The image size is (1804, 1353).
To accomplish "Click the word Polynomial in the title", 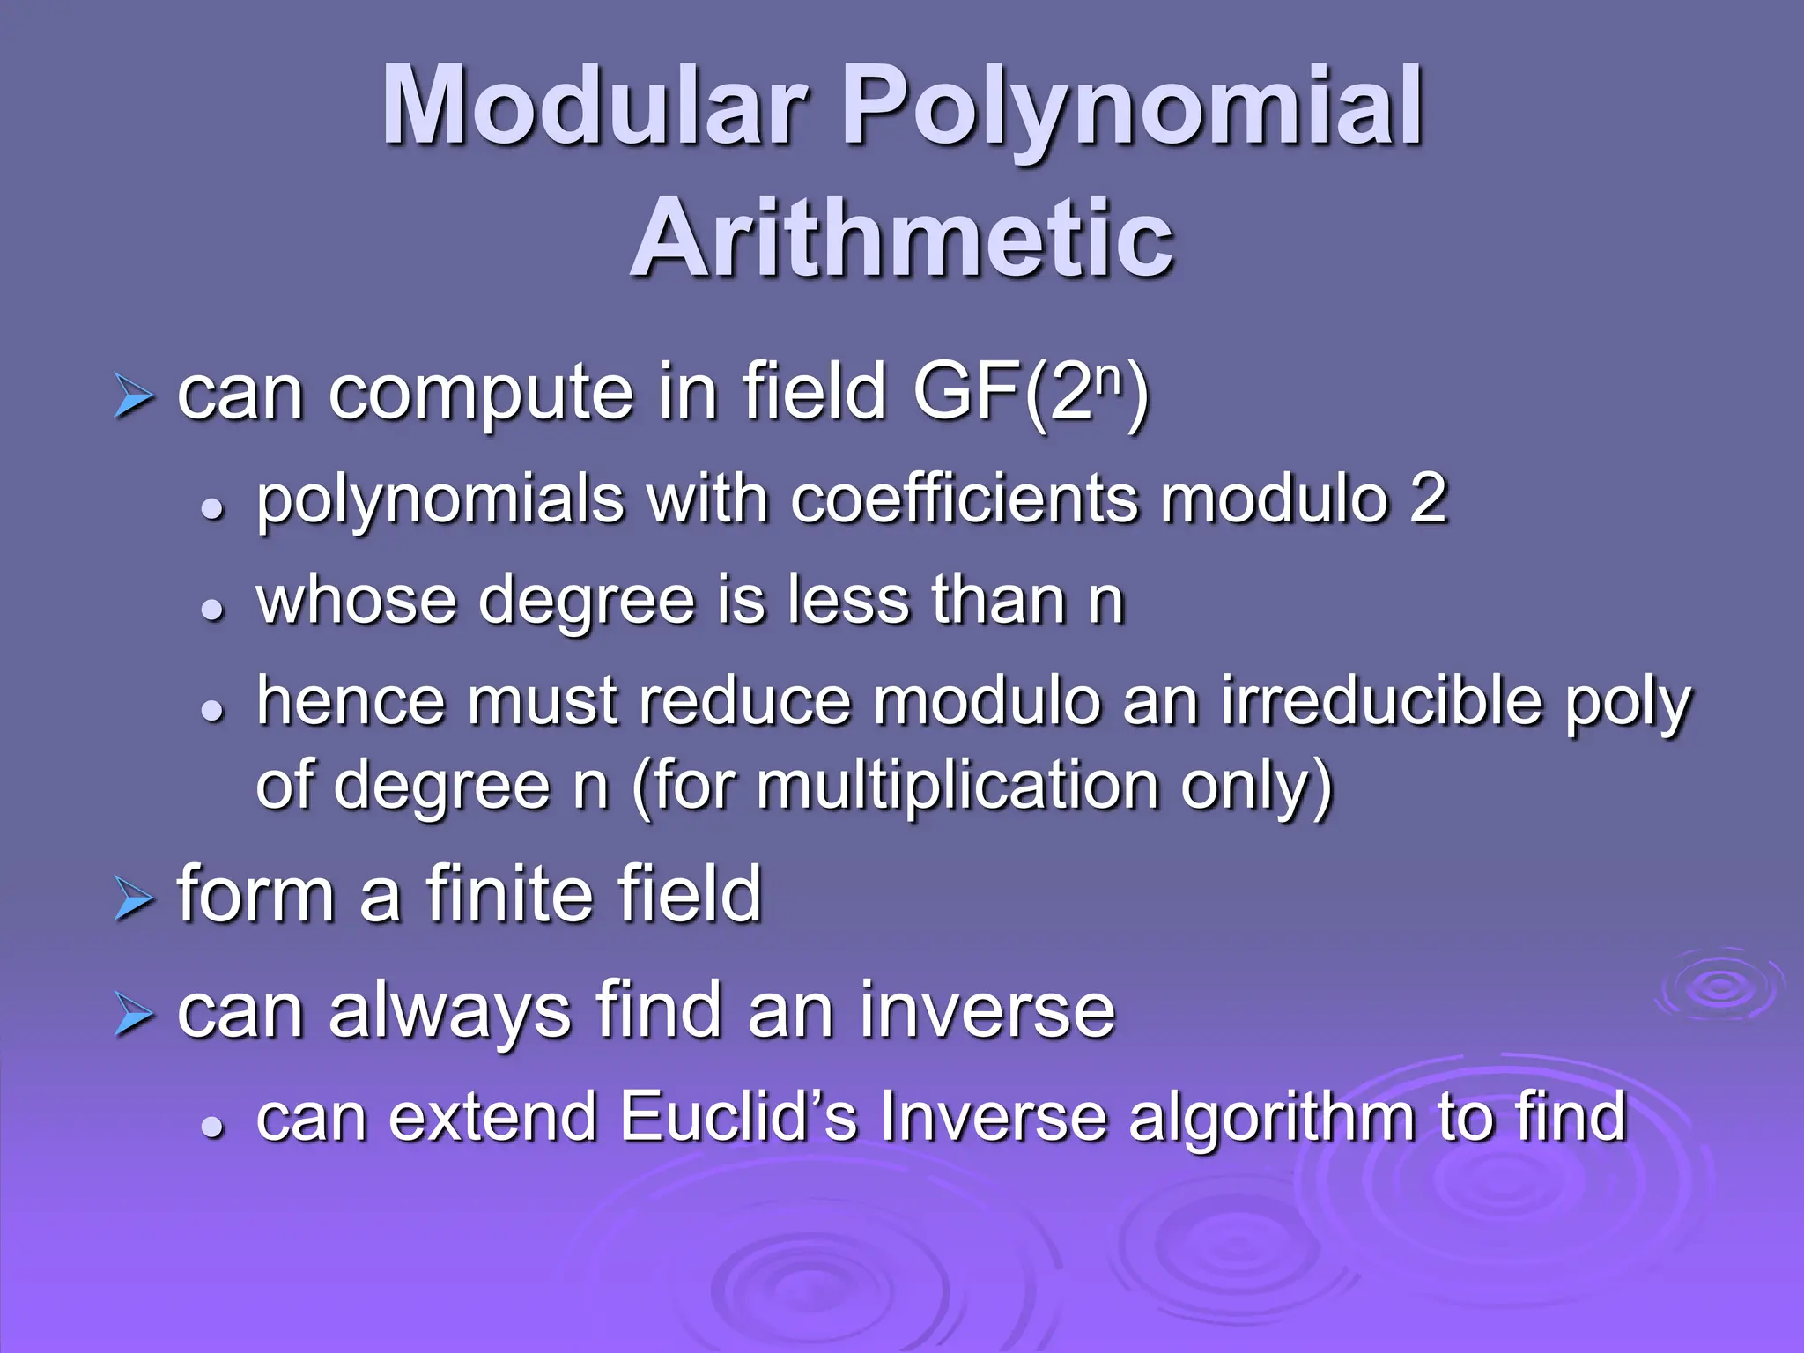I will click(x=1133, y=107).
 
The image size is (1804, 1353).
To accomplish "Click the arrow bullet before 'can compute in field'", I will click(x=134, y=398).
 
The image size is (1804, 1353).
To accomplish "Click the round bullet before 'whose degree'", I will click(x=211, y=609).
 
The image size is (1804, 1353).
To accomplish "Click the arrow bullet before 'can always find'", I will click(x=134, y=1017).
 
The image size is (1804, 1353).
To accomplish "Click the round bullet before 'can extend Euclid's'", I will click(x=211, y=1127).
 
